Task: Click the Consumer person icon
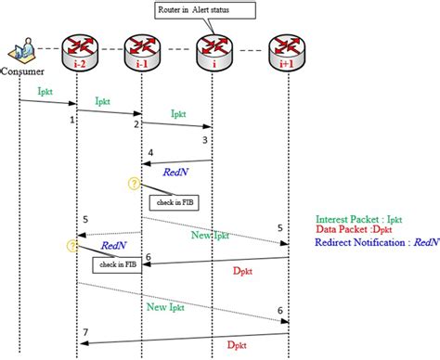pos(19,51)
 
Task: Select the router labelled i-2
pos(81,52)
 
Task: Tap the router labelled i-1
pos(142,52)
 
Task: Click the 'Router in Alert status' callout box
pos(200,11)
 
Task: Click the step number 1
pos(71,120)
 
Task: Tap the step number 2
pos(136,123)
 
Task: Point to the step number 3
pos(204,139)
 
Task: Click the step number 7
pos(85,332)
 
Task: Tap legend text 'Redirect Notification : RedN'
pos(376,242)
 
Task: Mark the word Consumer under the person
pos(21,71)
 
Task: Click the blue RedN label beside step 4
pos(176,172)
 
